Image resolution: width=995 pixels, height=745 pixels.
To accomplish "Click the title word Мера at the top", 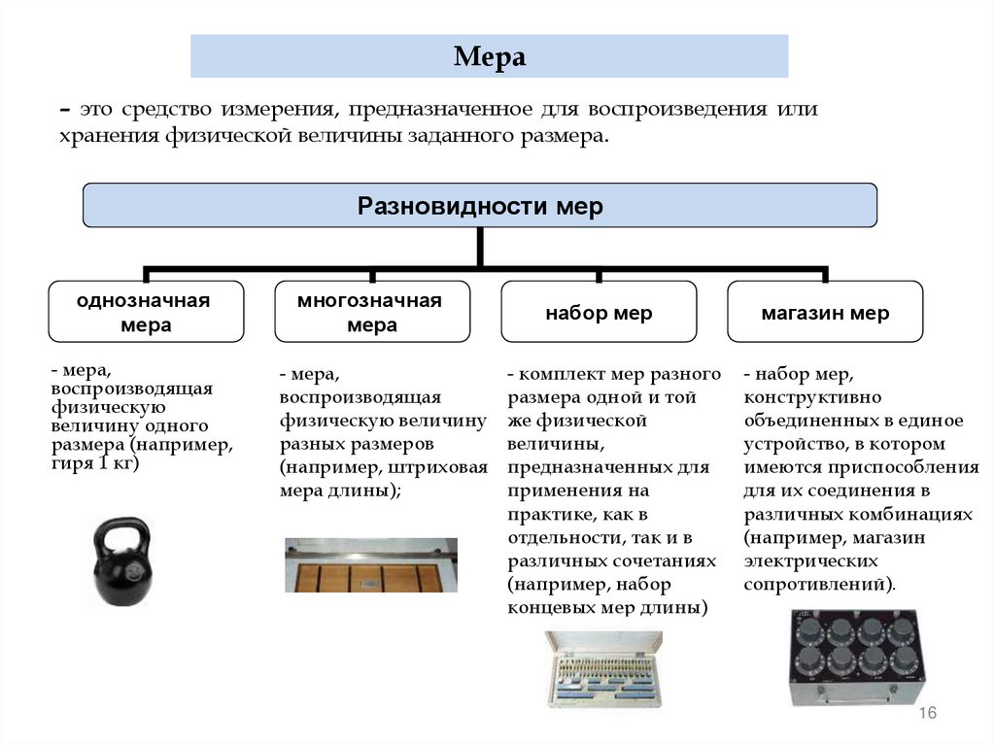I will point(489,57).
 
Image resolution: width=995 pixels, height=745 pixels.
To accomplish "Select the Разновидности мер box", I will point(480,206).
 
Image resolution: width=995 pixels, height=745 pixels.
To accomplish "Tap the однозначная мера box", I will point(146,312).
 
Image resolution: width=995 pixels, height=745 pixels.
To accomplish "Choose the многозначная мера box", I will point(372,312).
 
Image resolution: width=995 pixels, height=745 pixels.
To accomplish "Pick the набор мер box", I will point(599,313).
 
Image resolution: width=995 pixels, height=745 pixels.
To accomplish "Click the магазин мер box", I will point(825,313).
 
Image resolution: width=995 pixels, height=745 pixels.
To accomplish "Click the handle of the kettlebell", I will point(123,533).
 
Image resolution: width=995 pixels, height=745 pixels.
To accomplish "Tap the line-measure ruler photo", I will point(370,564).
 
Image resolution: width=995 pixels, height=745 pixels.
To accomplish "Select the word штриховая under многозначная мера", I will point(443,467).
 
